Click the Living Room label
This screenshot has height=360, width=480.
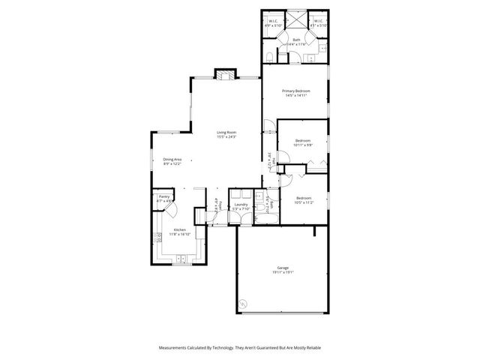point(226,133)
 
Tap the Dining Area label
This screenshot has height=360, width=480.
point(172,159)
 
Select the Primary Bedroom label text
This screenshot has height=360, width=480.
point(295,91)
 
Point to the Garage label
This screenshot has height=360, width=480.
point(283,268)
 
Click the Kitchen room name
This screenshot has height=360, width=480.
point(180,229)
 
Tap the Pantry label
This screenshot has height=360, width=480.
point(163,196)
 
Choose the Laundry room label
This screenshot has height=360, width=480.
point(241,204)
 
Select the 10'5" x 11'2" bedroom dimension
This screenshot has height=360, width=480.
point(304,202)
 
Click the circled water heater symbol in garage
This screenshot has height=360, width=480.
point(243,304)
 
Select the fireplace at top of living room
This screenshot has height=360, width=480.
point(224,73)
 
